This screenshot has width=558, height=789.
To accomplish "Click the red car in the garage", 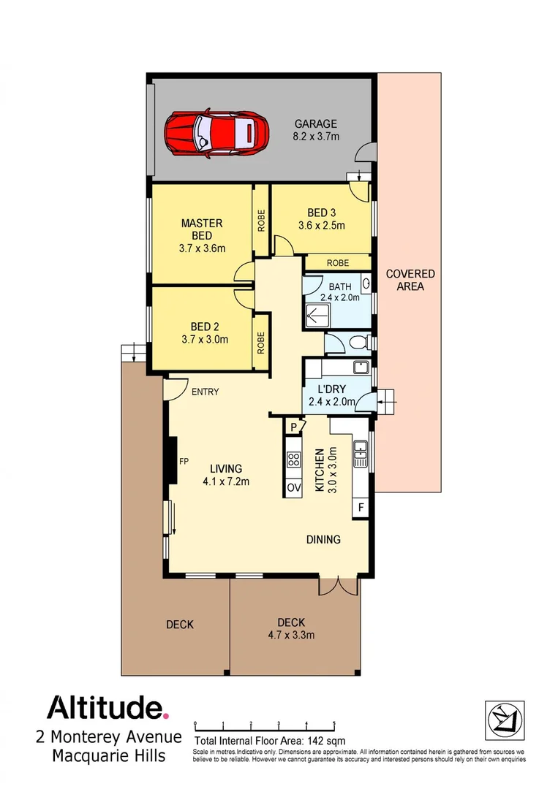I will [212, 134].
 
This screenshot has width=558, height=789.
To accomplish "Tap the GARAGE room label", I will [315, 124].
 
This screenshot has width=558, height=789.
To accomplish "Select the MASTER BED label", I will [201, 229].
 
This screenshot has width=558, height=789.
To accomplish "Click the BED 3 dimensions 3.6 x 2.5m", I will [321, 226].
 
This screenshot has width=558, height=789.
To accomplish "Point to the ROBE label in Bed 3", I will [337, 262].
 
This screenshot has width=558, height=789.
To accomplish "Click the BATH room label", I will [339, 286].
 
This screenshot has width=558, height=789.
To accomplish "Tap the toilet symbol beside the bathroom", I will [358, 342].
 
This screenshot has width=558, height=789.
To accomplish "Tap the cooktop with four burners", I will [294, 460].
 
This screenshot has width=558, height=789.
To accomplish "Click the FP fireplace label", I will [185, 461].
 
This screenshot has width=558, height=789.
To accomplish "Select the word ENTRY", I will [205, 392].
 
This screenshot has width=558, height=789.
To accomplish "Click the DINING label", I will [323, 540].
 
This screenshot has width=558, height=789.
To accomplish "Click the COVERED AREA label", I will [410, 280].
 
